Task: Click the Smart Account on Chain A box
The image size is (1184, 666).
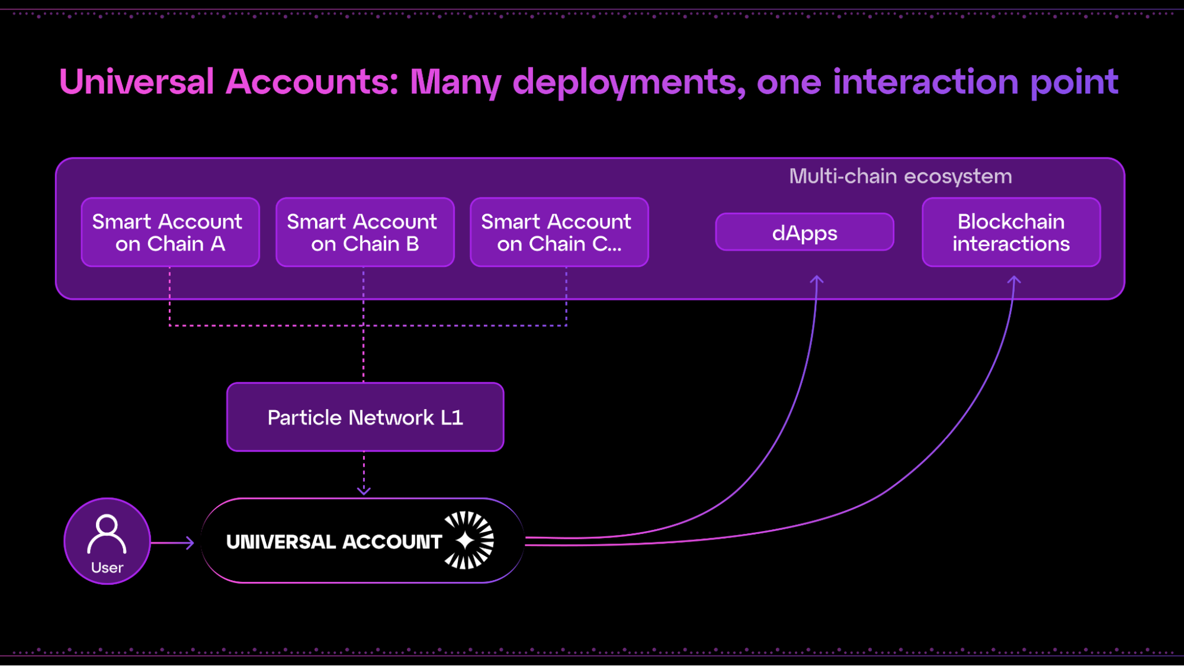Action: (171, 232)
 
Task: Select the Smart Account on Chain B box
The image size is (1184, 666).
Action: (365, 232)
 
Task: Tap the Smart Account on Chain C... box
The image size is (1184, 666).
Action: (559, 232)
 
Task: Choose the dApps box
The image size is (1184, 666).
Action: (804, 232)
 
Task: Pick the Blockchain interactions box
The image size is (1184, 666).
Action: (1011, 232)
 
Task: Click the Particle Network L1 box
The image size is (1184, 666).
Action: (365, 417)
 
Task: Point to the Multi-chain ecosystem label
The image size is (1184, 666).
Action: (900, 176)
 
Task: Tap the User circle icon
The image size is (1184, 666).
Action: (107, 541)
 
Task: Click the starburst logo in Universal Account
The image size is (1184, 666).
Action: (469, 540)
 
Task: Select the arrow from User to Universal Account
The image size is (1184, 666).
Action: (172, 543)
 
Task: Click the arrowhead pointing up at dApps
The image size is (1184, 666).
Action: (817, 279)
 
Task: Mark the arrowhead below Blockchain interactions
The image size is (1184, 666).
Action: (1014, 279)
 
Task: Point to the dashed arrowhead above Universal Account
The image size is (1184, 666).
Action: (364, 491)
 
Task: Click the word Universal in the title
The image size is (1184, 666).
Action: (137, 82)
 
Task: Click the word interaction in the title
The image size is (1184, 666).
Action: (926, 82)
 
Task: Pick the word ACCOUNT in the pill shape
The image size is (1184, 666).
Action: (392, 542)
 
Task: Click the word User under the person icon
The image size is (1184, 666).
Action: (107, 568)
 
